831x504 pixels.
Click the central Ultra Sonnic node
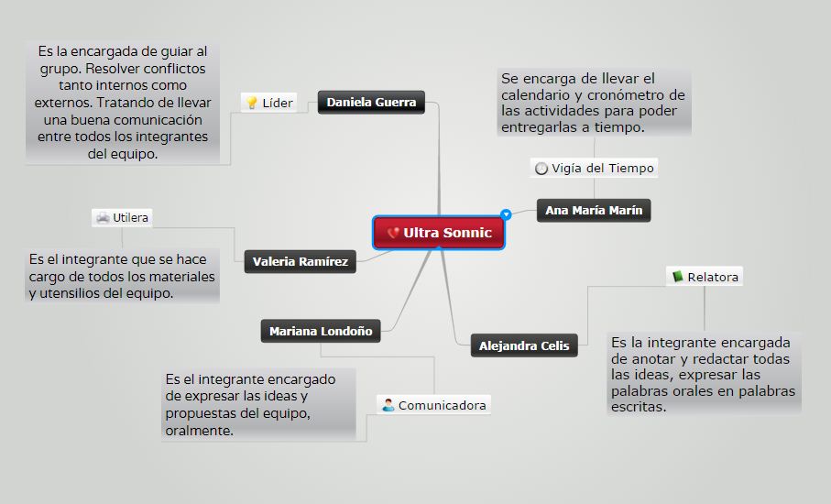440,233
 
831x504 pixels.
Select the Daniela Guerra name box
371,102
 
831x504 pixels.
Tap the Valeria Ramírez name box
301,262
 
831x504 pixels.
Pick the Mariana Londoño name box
321,331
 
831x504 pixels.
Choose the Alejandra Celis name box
524,345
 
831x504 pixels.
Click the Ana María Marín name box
594,211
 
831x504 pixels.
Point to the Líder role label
268,103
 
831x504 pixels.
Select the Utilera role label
122,218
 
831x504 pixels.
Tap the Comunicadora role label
433,405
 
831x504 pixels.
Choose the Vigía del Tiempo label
594,168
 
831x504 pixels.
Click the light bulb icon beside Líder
251,103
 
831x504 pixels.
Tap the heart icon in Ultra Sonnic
393,233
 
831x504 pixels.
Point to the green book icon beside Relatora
678,276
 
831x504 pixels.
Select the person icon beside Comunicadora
388,405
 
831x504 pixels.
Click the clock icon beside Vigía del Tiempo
541,169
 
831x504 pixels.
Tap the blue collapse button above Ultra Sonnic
506,214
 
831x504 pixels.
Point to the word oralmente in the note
199,430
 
